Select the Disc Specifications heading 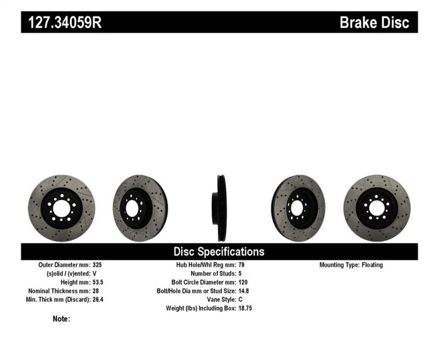tap(219, 251)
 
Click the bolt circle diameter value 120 tap(242, 283)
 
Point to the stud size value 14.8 tap(243, 291)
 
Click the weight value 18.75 tap(245, 308)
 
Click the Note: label tap(62, 319)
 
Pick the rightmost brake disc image tap(371, 202)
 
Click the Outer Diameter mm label tap(64, 265)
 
